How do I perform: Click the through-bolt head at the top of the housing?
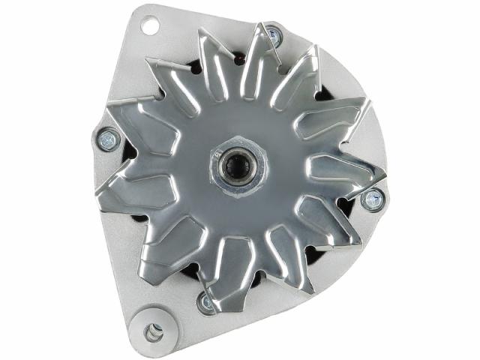point(273,34)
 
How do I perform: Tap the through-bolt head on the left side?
point(107,138)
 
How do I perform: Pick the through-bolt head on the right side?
point(371,199)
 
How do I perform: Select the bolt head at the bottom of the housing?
point(205,302)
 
